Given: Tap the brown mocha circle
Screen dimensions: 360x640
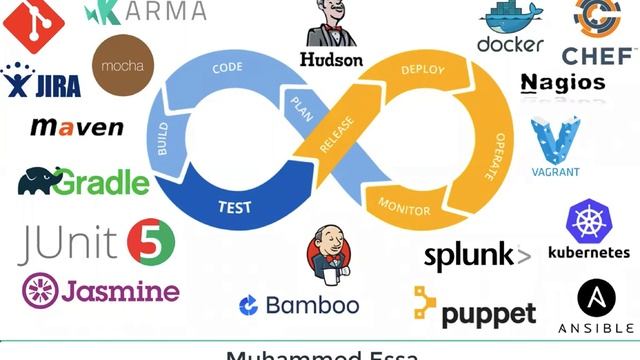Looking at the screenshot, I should [x=122, y=66].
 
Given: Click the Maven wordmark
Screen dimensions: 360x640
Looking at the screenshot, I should [x=77, y=127].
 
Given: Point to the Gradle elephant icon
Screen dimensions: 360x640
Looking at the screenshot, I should [x=35, y=181].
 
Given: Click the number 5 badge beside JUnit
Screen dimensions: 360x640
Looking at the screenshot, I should [x=151, y=242].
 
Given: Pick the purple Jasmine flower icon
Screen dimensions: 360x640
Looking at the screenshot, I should [x=40, y=290].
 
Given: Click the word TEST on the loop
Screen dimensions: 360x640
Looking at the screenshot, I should [x=234, y=208].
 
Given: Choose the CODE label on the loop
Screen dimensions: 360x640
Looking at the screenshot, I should [x=228, y=69].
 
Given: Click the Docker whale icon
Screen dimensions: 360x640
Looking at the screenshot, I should [x=510, y=18].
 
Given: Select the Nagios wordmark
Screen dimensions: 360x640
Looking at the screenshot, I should [x=563, y=82].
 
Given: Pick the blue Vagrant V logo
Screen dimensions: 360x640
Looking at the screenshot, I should [x=555, y=141].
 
